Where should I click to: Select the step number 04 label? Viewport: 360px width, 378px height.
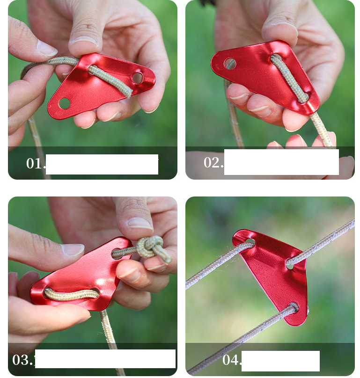point(232,360)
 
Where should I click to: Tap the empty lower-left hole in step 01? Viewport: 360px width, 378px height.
point(65,103)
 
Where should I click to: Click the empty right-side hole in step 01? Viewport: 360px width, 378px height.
point(137,78)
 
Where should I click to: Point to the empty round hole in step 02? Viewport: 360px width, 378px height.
point(230,64)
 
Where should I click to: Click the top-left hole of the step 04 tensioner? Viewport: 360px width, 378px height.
point(249,242)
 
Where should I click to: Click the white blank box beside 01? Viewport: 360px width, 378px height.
point(102,164)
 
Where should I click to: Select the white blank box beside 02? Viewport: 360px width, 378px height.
point(281,162)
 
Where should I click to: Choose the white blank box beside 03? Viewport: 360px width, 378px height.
point(105,359)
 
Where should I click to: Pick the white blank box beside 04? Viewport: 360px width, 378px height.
point(280,361)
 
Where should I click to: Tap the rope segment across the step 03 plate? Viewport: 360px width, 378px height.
point(72,295)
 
